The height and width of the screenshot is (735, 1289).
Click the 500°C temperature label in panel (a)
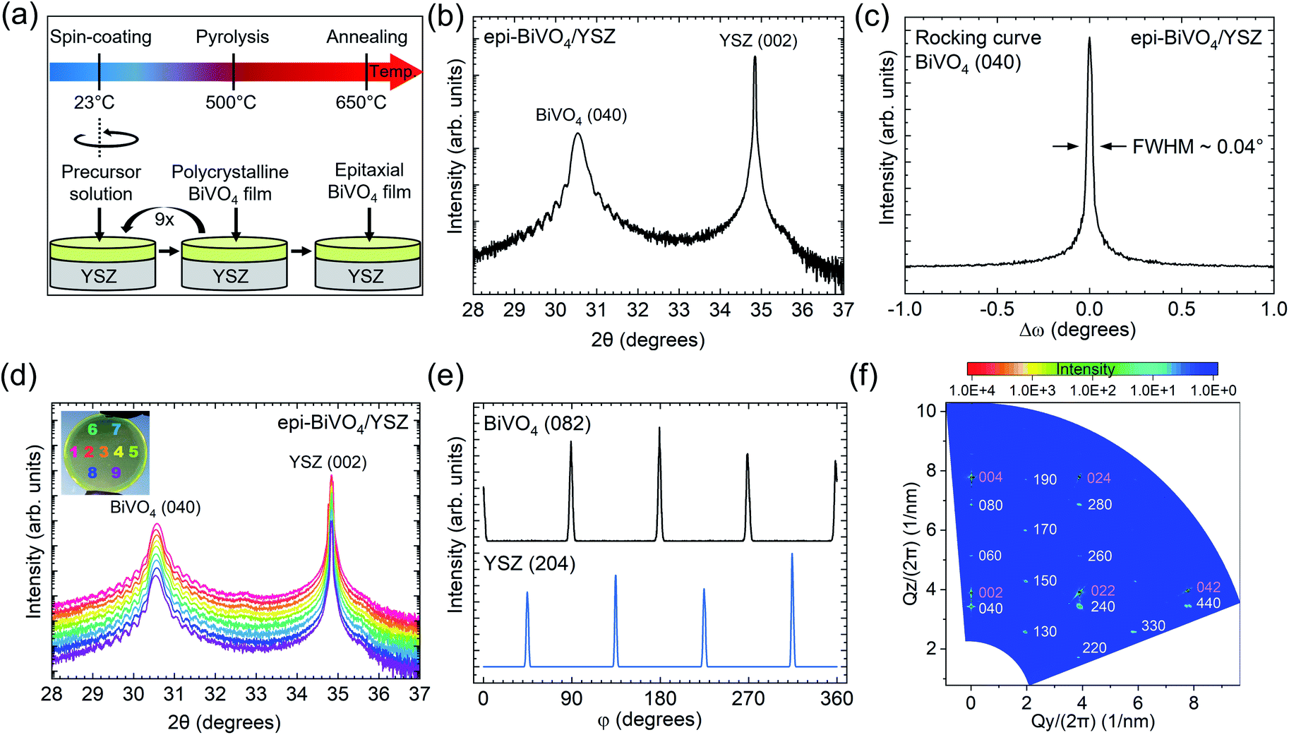pyautogui.click(x=231, y=103)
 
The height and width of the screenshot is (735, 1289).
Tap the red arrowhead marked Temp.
pyautogui.click(x=405, y=72)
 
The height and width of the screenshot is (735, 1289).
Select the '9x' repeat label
pyautogui.click(x=164, y=220)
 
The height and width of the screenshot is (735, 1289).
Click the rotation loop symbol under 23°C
pyautogui.click(x=107, y=138)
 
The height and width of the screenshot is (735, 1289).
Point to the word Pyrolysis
pyautogui.click(x=232, y=37)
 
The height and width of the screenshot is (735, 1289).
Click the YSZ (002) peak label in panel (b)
pyautogui.click(x=758, y=41)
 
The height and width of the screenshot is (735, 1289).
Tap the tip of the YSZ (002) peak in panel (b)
pyautogui.click(x=755, y=56)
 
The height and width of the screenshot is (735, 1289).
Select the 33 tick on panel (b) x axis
pyautogui.click(x=679, y=310)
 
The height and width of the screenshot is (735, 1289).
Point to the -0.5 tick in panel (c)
pyautogui.click(x=997, y=309)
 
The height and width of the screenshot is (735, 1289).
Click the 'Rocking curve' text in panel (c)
pyautogui.click(x=978, y=37)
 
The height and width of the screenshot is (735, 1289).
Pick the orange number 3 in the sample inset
pyautogui.click(x=104, y=452)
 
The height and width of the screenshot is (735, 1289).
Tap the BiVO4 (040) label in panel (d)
pyautogui.click(x=155, y=508)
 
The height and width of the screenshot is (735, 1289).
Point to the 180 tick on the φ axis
pyautogui.click(x=660, y=699)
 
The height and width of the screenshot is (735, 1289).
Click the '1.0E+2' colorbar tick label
pyautogui.click(x=1093, y=390)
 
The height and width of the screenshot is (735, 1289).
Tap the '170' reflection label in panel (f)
pyautogui.click(x=1045, y=530)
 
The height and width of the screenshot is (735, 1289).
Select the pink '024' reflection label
pyautogui.click(x=1099, y=478)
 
